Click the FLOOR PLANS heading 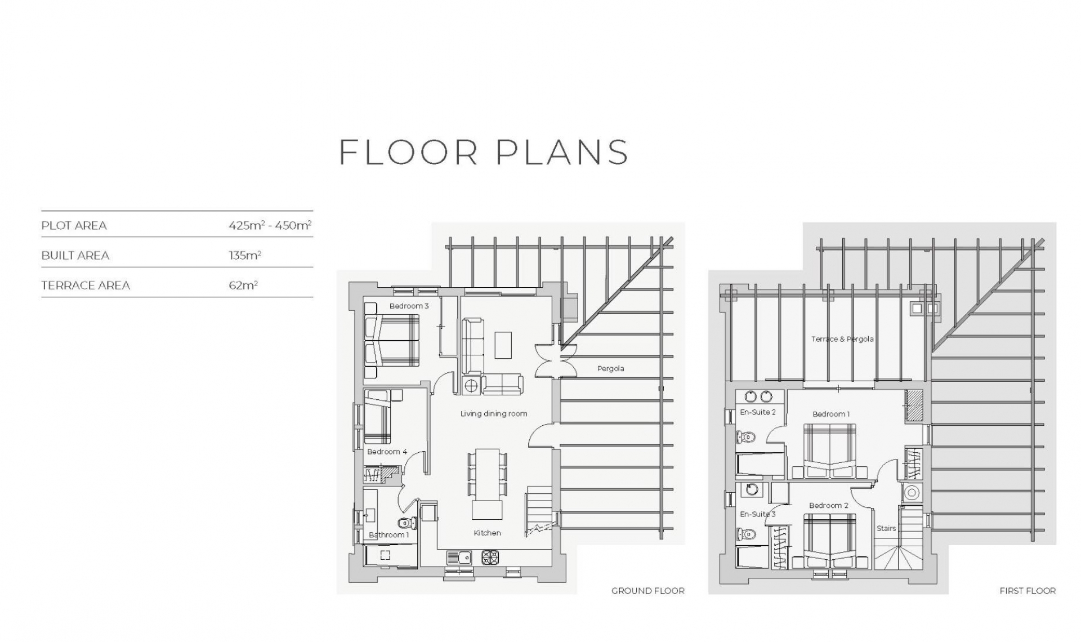tap(484, 152)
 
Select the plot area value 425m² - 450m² tap(270, 225)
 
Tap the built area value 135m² tap(245, 255)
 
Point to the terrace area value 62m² tap(243, 285)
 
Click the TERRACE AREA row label tap(86, 286)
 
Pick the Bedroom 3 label tap(409, 306)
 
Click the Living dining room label tap(494, 413)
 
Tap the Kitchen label tap(487, 533)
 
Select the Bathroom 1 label tap(389, 534)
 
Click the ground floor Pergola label tap(611, 368)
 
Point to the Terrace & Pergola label tap(842, 339)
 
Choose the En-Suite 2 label tap(758, 412)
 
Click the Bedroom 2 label tap(829, 506)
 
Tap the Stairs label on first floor tap(886, 528)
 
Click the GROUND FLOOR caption tap(648, 591)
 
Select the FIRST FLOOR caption tap(1028, 591)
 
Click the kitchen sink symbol tap(459, 558)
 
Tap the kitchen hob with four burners tap(490, 558)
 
